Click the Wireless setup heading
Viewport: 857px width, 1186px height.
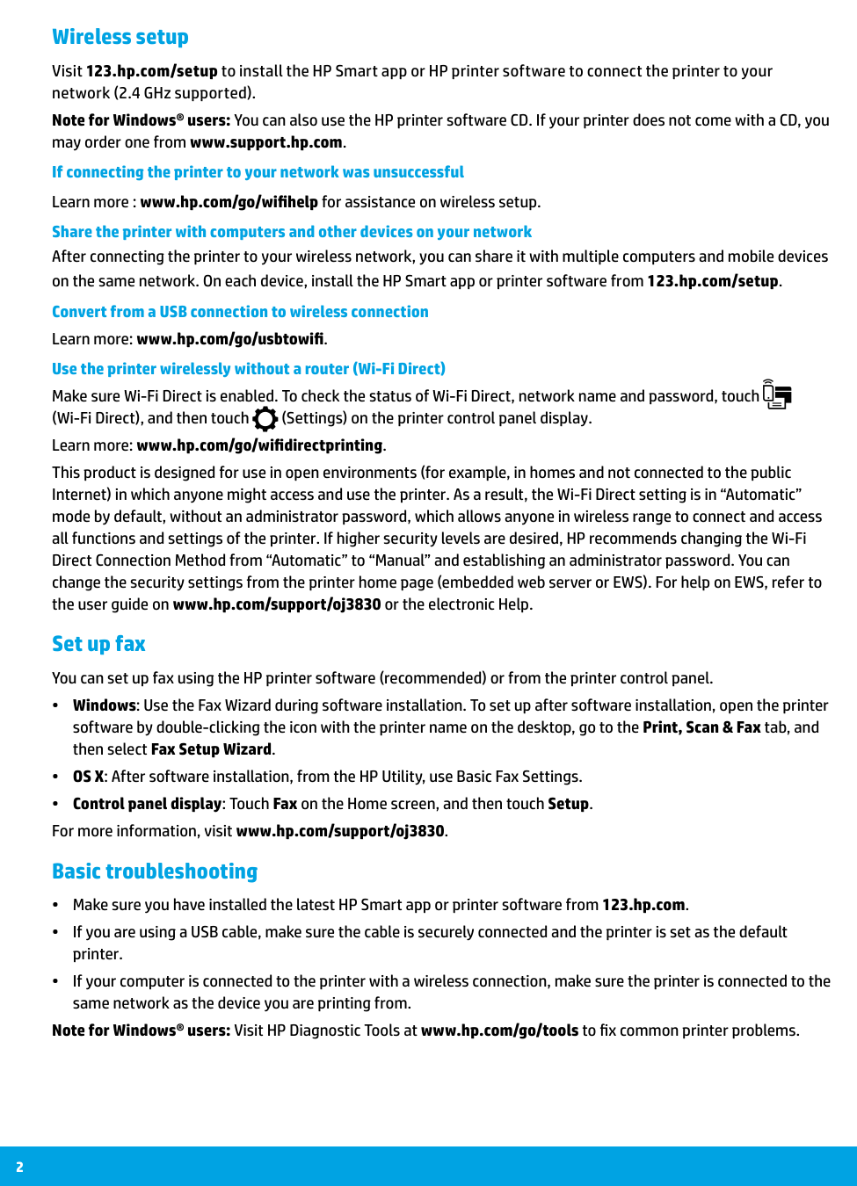(x=120, y=37)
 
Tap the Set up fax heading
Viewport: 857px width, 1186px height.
(x=98, y=644)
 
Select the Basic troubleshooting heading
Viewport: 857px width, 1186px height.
(x=155, y=871)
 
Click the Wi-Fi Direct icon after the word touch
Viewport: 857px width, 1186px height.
(x=777, y=395)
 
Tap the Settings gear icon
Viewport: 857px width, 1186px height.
(x=265, y=418)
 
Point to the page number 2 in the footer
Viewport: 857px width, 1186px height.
(x=19, y=1167)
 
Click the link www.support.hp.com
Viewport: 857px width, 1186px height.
(x=265, y=142)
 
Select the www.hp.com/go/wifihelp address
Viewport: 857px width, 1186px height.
(x=229, y=202)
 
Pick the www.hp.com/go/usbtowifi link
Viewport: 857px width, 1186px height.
(x=230, y=339)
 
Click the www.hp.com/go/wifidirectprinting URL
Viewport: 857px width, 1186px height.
(x=259, y=445)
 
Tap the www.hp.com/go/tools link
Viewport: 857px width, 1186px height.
(x=499, y=1031)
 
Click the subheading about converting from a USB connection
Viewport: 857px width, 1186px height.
(x=240, y=312)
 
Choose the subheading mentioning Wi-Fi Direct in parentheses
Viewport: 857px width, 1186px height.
(x=249, y=369)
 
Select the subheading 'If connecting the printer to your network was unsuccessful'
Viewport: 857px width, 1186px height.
(x=258, y=172)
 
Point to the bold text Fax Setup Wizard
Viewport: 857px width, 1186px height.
(x=211, y=749)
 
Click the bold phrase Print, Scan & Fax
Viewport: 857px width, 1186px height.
(x=701, y=727)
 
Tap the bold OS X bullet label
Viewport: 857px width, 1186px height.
(x=89, y=777)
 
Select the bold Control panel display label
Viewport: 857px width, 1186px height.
(x=147, y=804)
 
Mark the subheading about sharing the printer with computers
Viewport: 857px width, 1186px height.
(x=292, y=232)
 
